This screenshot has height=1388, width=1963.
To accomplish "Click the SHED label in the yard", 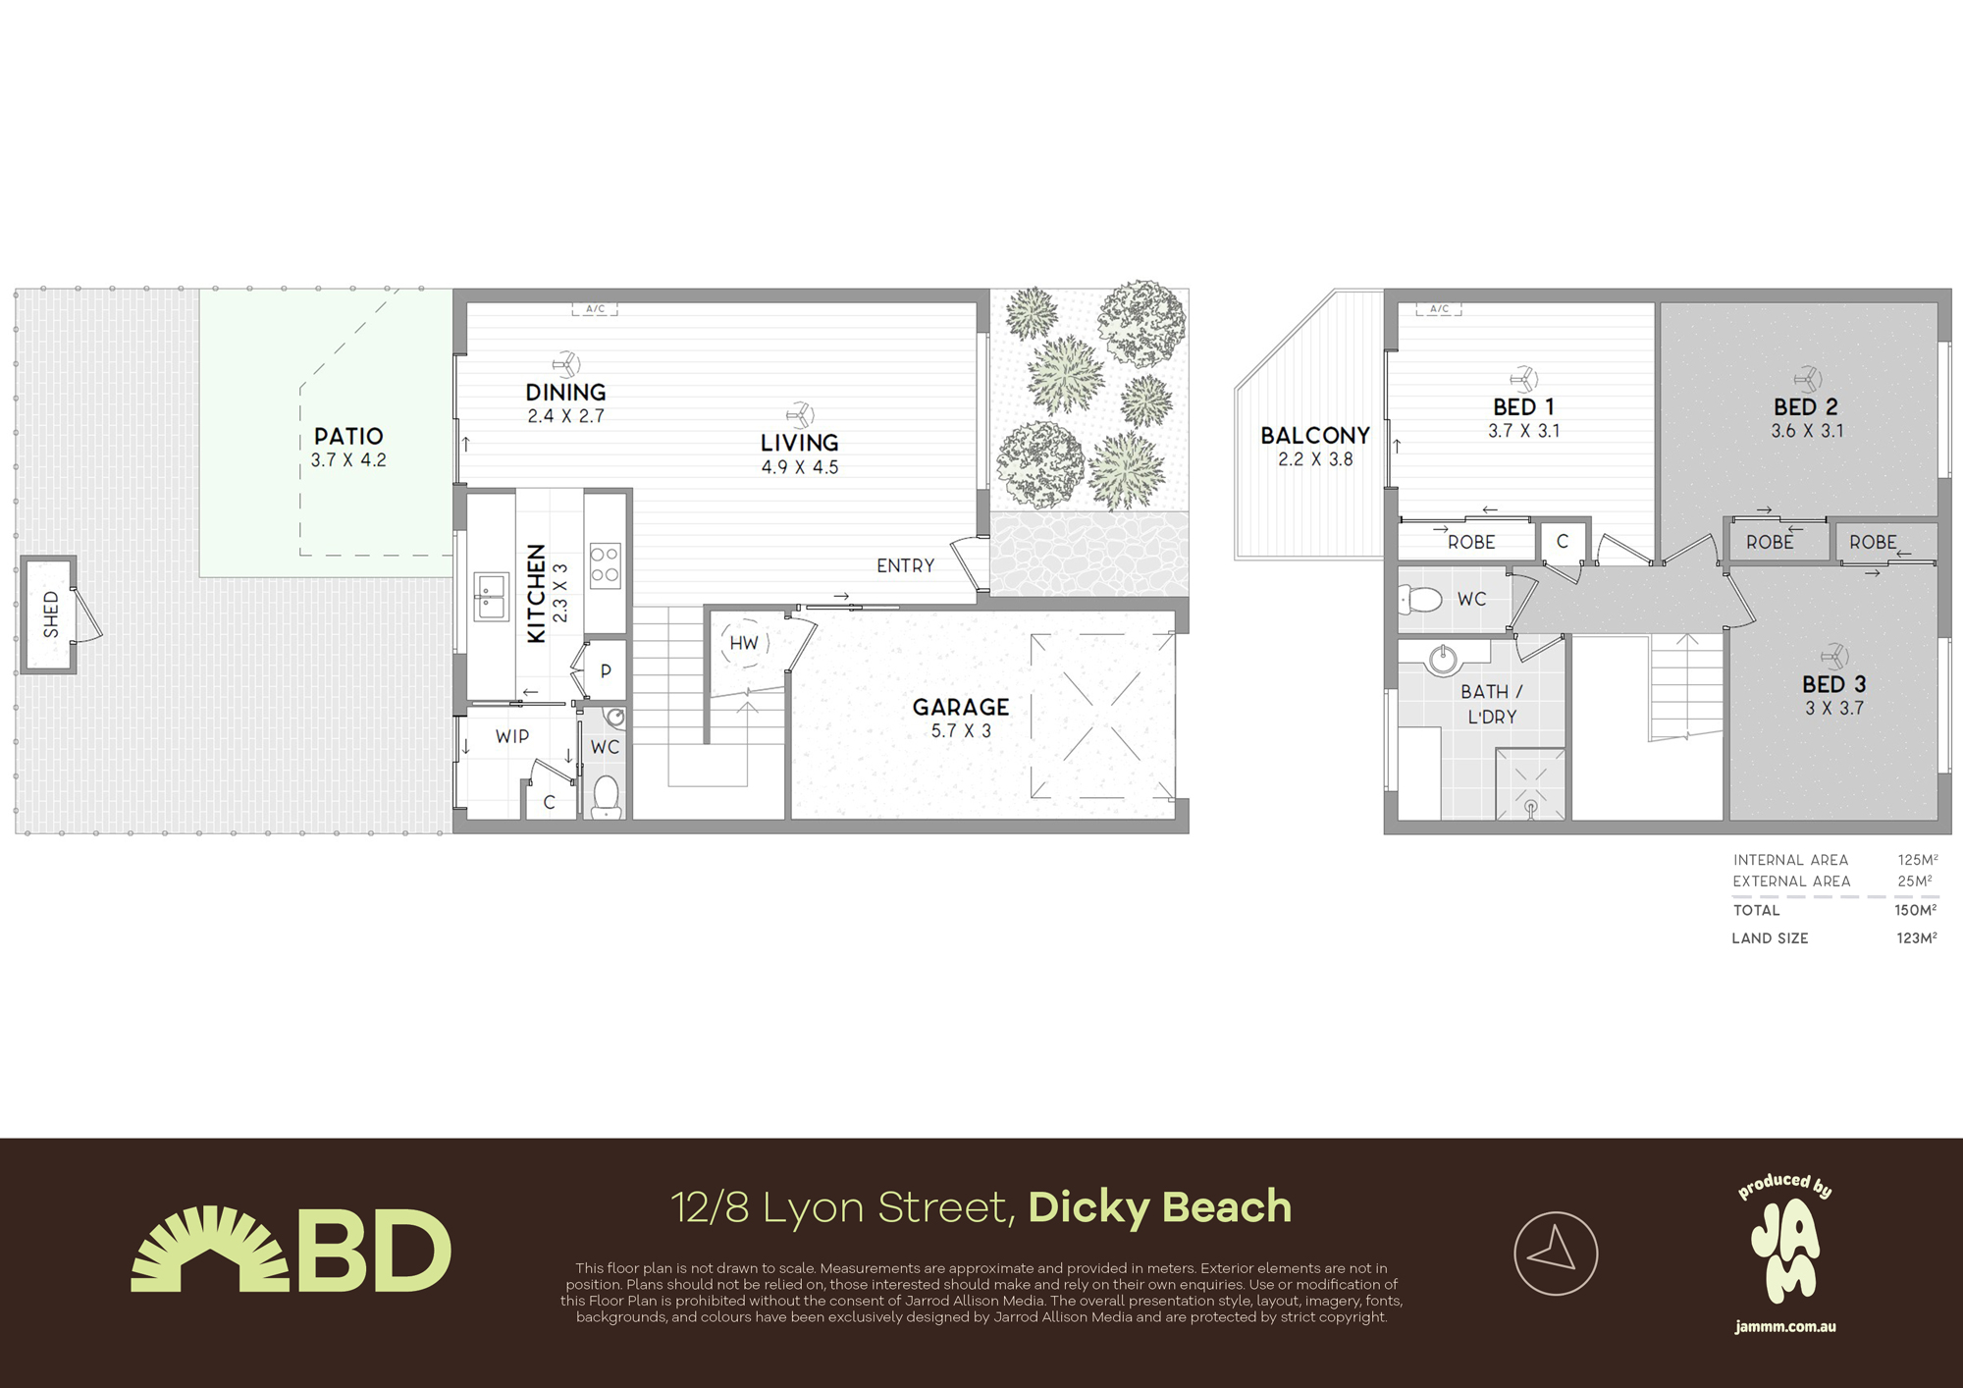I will pos(51,614).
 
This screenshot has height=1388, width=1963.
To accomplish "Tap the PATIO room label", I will pos(348,436).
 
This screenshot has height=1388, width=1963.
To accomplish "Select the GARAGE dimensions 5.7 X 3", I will pos(960,731).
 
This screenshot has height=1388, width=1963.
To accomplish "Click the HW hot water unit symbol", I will pos(744,644).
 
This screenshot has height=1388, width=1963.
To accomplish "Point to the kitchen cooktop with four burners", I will pos(605,564).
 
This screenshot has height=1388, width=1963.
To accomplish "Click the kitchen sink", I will pos(491,596).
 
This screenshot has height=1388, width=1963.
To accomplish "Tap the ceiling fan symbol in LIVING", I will pos(800,414).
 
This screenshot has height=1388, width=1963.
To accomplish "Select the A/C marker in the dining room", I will pos(595,309).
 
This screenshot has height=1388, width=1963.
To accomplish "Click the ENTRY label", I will pos(905,565).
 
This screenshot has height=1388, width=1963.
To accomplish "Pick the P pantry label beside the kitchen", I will pos(606,671).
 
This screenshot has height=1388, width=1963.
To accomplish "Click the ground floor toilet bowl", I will pos(607,795).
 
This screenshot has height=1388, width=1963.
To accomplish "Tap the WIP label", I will pos(511,736).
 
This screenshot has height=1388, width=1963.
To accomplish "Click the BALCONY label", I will pos(1314,435).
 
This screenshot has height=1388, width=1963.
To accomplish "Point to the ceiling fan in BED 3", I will pos(1833,656).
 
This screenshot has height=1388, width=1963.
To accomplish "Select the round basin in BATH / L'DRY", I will pos(1443,660).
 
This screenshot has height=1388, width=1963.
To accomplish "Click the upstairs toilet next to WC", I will pos(1422,598).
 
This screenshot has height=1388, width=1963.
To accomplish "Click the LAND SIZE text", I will pos(1770,938).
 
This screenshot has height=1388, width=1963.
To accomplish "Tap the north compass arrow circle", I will pos(1556,1254).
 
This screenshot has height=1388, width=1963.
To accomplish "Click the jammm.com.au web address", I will pos(1784,1327).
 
